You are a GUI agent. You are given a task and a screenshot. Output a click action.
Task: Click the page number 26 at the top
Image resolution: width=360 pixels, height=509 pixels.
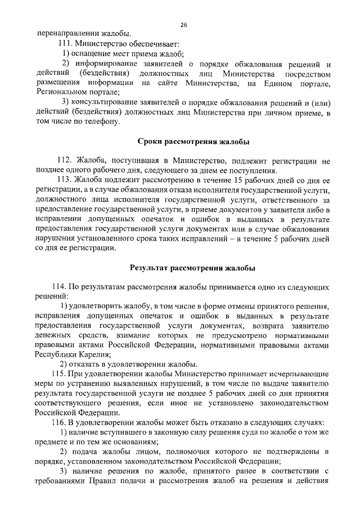[x=183, y=25]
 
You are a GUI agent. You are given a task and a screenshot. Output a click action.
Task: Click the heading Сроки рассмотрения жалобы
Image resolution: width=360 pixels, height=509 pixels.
[x=194, y=141]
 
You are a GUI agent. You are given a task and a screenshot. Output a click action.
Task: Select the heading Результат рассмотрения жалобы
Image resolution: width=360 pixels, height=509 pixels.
[x=193, y=268]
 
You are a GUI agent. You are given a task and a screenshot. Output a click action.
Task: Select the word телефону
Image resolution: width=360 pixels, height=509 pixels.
[x=102, y=121]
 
